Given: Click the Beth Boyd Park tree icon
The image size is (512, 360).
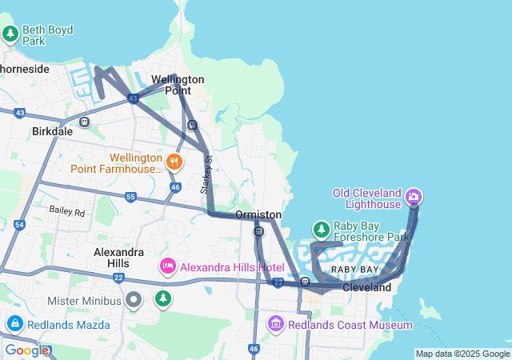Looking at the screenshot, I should click(x=10, y=34).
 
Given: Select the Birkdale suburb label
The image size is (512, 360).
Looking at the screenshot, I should click(x=52, y=130).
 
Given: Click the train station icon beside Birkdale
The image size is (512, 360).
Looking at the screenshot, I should click(x=84, y=122).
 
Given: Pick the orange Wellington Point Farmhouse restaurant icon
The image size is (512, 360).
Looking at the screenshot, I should click(x=175, y=162).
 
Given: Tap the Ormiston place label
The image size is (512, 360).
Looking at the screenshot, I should click(x=258, y=215).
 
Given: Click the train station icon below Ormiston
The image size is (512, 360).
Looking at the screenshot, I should click(x=258, y=231).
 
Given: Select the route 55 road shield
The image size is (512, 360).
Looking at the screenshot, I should click(x=130, y=196).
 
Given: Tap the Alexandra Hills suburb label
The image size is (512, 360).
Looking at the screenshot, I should click(x=118, y=257).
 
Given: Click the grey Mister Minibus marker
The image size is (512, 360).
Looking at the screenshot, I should click(x=134, y=301).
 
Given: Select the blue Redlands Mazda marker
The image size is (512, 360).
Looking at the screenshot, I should click(x=14, y=323).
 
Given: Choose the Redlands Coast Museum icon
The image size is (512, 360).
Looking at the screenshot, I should click(x=276, y=324).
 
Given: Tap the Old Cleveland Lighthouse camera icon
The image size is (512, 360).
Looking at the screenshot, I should click(x=414, y=197).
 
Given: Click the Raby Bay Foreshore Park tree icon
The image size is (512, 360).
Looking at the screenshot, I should click(x=321, y=230).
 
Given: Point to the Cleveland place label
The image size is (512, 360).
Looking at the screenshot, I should click(x=366, y=287).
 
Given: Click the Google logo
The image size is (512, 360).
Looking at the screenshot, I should click(x=26, y=350).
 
